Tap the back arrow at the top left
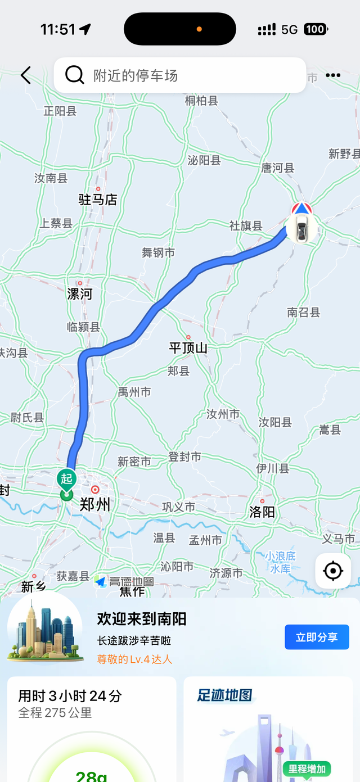click(x=26, y=75)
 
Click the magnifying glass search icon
click(x=74, y=75)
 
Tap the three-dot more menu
click(x=333, y=75)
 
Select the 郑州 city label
click(x=95, y=504)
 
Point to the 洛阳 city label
click(x=262, y=511)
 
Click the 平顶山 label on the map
click(x=188, y=348)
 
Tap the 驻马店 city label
click(x=98, y=199)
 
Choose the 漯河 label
click(x=80, y=293)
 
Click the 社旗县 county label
click(x=246, y=225)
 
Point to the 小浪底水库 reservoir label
click(x=280, y=562)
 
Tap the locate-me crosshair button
click(x=333, y=571)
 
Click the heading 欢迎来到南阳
click(x=142, y=619)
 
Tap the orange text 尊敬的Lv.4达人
click(x=135, y=659)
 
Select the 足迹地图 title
click(x=224, y=695)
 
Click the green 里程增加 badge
click(x=307, y=769)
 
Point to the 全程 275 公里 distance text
click(x=55, y=713)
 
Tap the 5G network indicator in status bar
click(x=289, y=29)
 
